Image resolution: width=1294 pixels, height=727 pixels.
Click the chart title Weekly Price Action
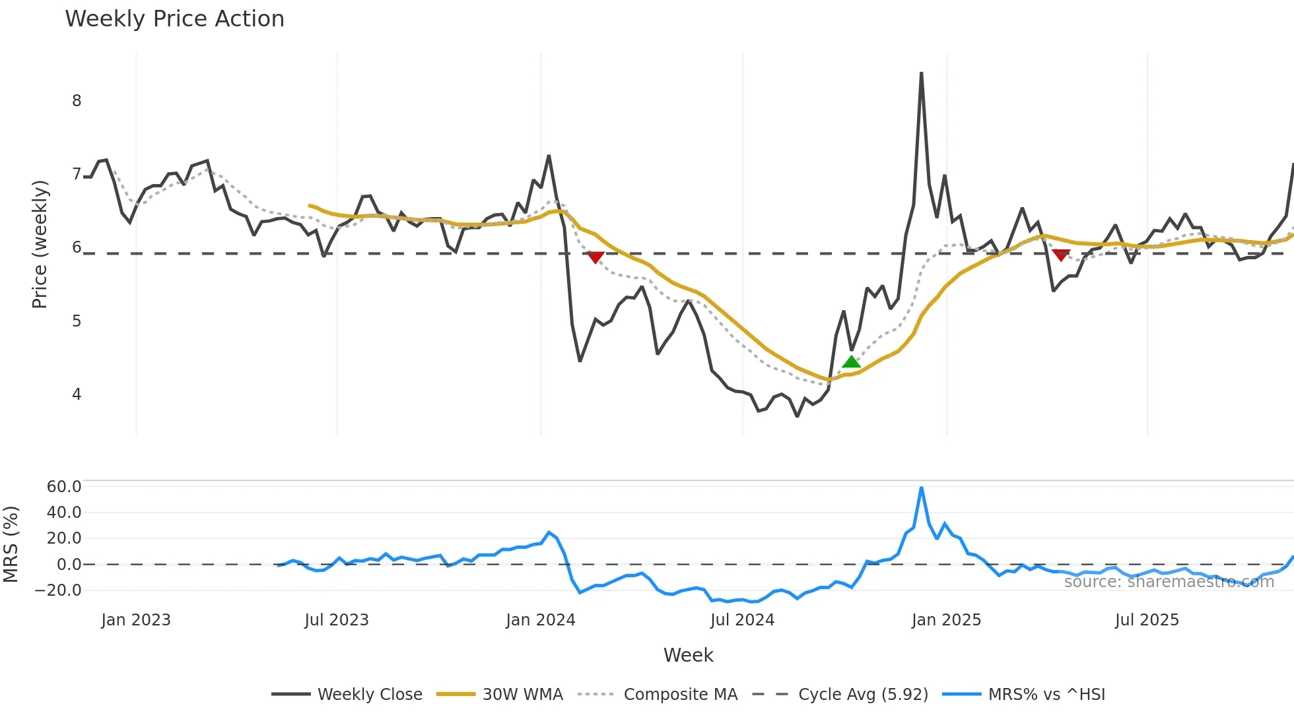pos(174,19)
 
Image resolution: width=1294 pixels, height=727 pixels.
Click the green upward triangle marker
pos(851,362)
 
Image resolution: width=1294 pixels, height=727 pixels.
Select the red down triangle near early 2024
pos(596,257)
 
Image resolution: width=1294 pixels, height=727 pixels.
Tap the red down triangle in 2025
pos(1061,255)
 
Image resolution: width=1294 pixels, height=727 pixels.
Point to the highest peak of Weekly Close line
pos(921,73)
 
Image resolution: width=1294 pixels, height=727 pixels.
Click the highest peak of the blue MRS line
pos(921,488)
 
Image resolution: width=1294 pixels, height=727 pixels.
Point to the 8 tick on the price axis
pos(77,101)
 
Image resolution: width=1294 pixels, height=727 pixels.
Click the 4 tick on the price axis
pos(77,395)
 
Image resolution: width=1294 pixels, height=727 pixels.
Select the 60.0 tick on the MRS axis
pos(64,487)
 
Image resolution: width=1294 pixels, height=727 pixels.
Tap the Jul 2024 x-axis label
pos(742,620)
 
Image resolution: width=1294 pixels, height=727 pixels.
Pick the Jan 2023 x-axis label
pos(136,620)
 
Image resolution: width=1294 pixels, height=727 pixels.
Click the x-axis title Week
pos(688,655)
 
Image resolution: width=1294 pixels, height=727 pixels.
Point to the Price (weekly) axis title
pos(40,244)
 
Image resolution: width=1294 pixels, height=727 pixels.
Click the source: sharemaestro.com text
pos(1169,582)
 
